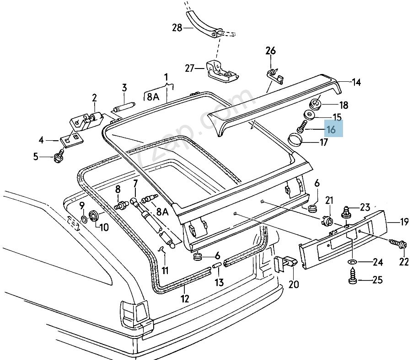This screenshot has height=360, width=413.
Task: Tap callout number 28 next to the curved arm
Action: click(177, 28)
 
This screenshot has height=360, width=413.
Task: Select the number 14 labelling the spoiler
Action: click(356, 82)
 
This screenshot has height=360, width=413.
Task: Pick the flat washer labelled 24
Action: click(353, 262)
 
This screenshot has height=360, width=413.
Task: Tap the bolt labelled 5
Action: click(59, 157)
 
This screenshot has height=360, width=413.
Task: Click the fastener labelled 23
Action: click(347, 212)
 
